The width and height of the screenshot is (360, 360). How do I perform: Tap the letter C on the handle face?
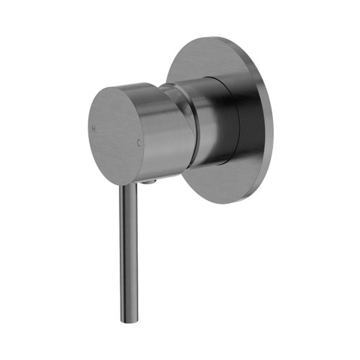point(139,143)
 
